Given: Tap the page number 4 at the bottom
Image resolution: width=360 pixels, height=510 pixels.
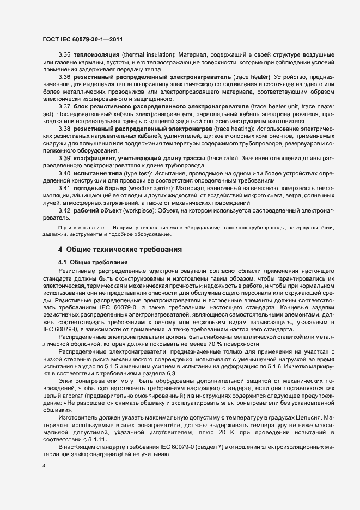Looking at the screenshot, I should coord(43,466).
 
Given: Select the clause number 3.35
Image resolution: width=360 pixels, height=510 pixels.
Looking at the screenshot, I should coord(64,56).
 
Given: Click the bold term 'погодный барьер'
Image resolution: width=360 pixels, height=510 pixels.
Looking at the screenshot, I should coord(100,187).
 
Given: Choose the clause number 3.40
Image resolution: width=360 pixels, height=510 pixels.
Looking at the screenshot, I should coord(64,173).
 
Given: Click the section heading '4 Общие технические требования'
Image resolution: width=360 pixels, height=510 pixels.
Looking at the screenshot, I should coord(120,249).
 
